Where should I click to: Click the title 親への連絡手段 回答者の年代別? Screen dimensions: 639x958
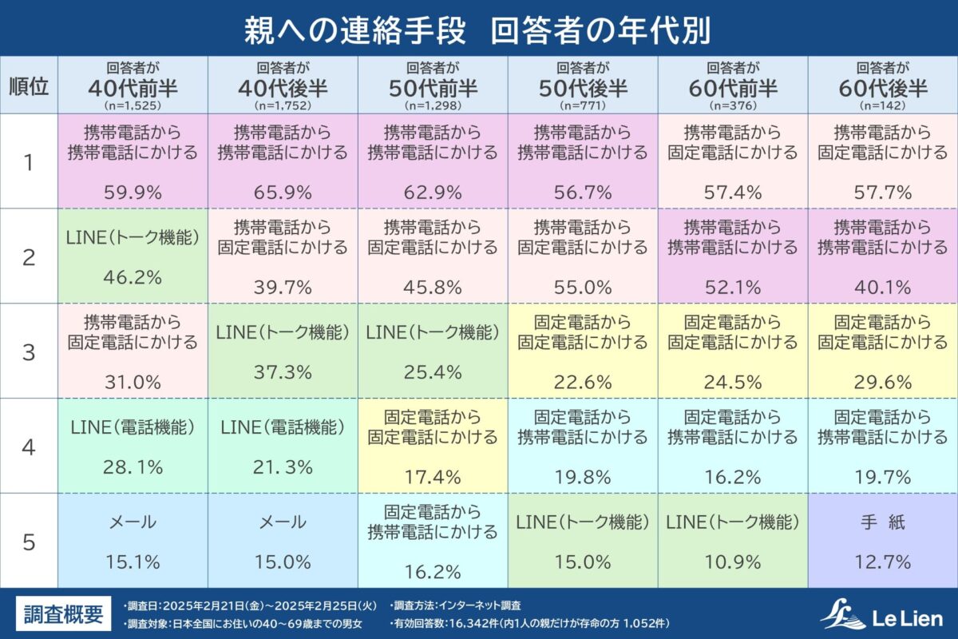coord(478,29)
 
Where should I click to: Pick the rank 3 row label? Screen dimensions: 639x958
coord(29,351)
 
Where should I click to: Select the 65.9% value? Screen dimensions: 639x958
coord(283,192)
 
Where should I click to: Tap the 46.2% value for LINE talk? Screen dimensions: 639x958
coord(133,277)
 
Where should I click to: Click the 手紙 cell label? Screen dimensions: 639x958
coord(882,523)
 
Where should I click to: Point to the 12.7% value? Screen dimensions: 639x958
coord(882,562)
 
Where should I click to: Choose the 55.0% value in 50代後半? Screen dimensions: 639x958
coord(583,287)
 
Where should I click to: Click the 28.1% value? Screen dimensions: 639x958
coord(133,466)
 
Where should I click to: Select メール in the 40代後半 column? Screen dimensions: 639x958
coord(283,523)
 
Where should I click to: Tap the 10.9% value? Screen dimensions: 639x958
coord(733,562)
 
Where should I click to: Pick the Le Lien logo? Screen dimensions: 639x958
coord(882,616)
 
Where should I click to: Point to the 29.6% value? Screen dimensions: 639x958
coord(882,382)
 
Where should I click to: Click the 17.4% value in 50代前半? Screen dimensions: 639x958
coord(433,477)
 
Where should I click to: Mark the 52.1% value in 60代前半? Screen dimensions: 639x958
coord(733,287)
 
